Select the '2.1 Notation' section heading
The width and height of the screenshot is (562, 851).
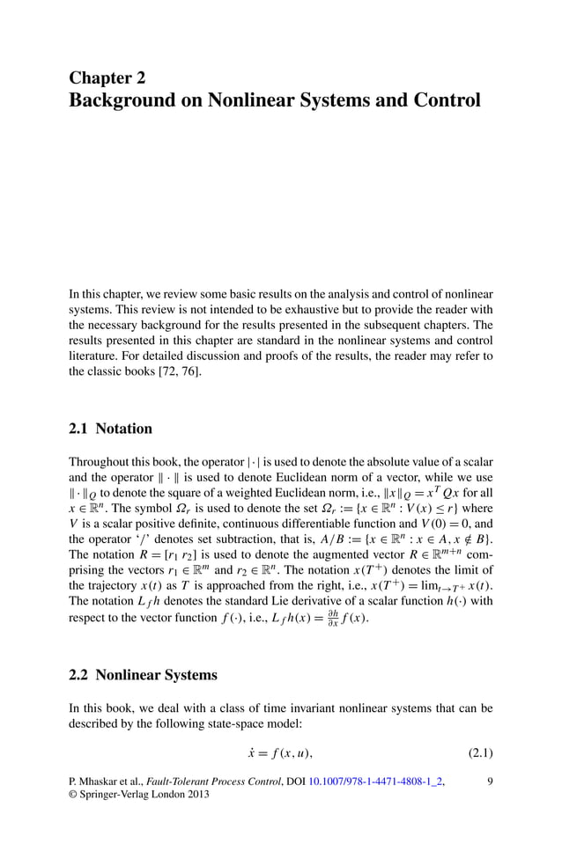coord(110,429)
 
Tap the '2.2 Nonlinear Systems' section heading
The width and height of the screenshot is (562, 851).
coord(143,676)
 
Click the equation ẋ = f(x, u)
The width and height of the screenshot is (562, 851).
coord(280,752)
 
